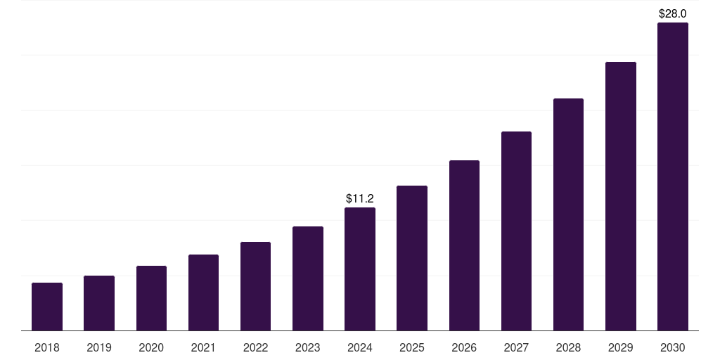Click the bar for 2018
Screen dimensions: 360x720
[x=47, y=307]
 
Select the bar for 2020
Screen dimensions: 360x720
[x=151, y=298]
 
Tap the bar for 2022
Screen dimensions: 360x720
[x=255, y=286]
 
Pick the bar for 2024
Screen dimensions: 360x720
[x=360, y=269]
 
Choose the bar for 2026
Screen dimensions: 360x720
[x=464, y=245]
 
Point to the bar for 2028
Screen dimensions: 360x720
[x=568, y=214]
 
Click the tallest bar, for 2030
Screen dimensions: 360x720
[x=673, y=176]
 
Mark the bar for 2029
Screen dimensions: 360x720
[x=621, y=196]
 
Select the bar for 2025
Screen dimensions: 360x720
[x=412, y=258]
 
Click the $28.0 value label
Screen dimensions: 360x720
[x=673, y=13]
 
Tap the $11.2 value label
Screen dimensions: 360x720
[x=360, y=199]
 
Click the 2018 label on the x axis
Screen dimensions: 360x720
[x=47, y=347]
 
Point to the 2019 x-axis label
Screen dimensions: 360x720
[x=99, y=347]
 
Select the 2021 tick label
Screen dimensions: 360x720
[x=203, y=347]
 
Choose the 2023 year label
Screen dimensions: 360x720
[x=308, y=347]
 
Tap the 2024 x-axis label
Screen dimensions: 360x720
[x=360, y=347]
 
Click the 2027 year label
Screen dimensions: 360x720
[x=516, y=347]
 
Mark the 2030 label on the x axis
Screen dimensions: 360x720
[x=673, y=347]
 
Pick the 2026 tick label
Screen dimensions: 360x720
[x=464, y=347]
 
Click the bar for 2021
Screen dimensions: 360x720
[x=203, y=292]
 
